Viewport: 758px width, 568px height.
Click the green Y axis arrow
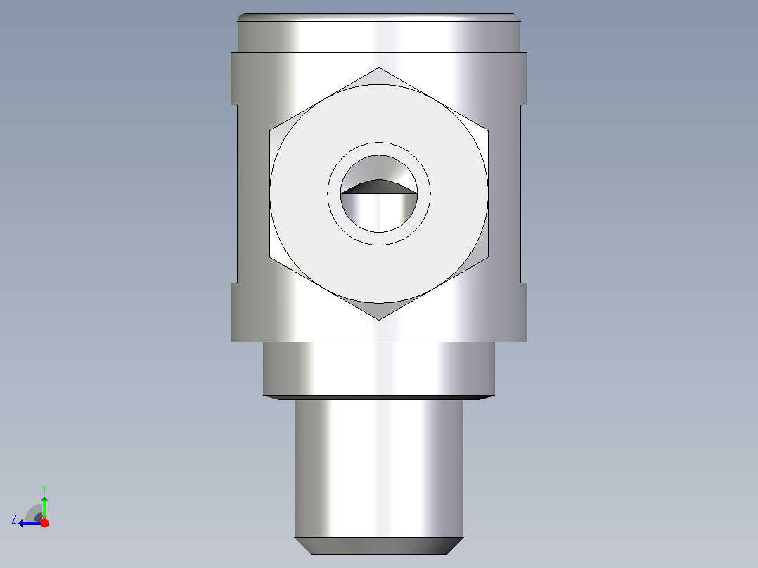(44, 508)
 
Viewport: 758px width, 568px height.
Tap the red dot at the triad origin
(44, 523)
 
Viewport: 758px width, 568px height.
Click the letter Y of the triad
(44, 489)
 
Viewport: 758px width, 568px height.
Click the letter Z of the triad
(14, 519)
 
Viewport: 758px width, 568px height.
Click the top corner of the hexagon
(378, 67)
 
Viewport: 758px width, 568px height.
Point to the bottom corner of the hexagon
(378, 320)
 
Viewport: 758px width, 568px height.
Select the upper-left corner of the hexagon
(270, 130)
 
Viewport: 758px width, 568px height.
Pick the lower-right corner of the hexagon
(488, 257)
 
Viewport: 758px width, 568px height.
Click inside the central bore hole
(378, 213)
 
